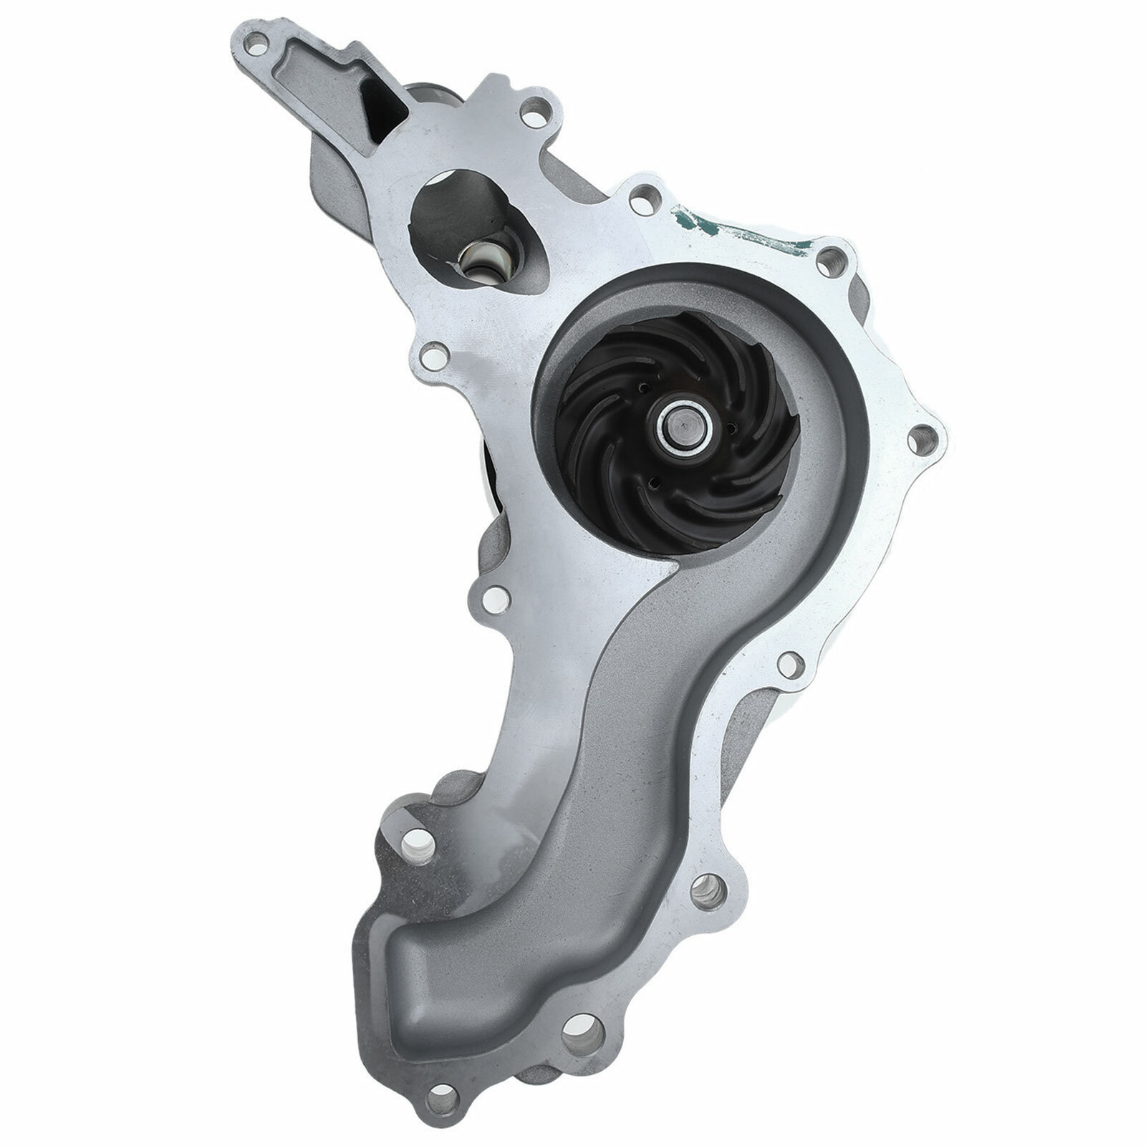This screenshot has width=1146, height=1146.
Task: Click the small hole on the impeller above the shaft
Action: click(x=645, y=387)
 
